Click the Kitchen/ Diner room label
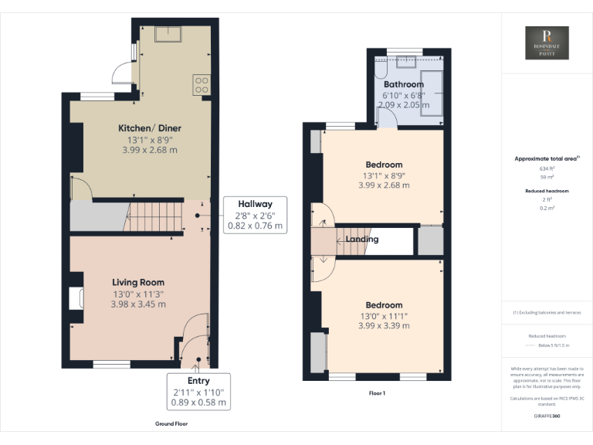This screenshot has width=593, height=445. [x=149, y=127]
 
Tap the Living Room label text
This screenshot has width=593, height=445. [x=138, y=282]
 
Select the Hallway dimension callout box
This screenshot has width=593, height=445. [x=254, y=215]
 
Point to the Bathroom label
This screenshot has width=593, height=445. [x=404, y=84]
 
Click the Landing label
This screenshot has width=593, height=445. [x=362, y=239]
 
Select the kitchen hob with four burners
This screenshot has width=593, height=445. [x=202, y=83]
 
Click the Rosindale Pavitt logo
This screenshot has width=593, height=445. [x=547, y=43]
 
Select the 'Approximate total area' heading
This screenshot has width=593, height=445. [x=547, y=158]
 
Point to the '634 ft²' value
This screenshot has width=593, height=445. [x=547, y=168]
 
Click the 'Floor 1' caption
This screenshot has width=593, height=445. [x=377, y=393]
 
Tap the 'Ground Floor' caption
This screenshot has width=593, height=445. [x=171, y=423]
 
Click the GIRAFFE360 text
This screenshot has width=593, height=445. [x=547, y=416]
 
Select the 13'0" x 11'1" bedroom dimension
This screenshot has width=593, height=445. [x=384, y=315]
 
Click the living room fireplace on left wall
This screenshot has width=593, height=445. [x=76, y=298]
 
